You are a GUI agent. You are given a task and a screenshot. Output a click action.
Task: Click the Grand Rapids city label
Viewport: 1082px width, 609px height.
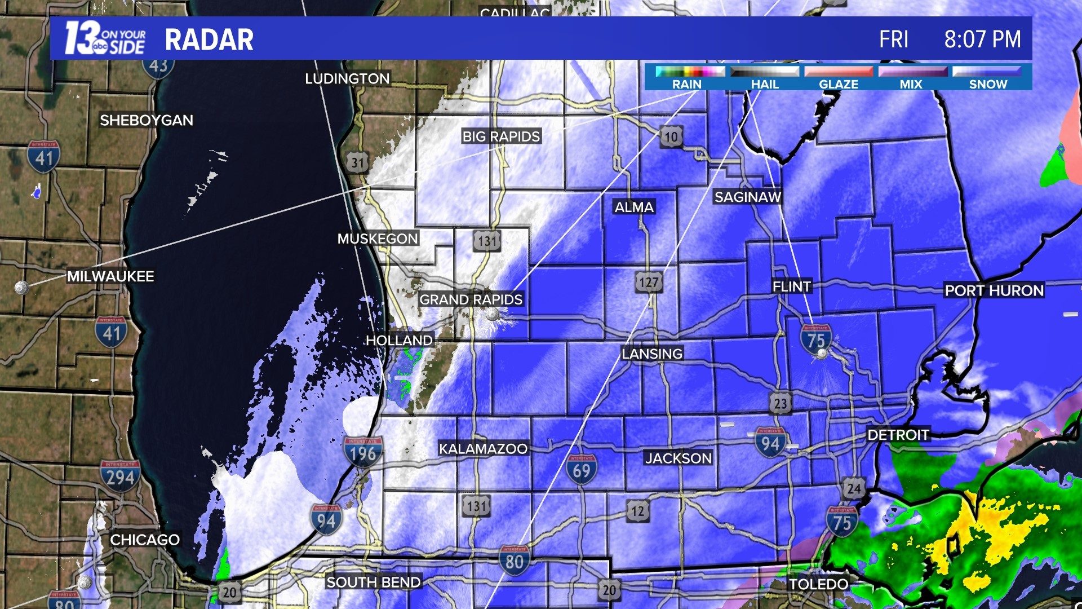click(x=471, y=299)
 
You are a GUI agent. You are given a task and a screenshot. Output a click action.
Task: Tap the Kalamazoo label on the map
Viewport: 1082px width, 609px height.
click(x=483, y=449)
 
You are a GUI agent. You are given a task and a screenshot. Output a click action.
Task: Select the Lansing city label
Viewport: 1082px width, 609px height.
click(x=652, y=354)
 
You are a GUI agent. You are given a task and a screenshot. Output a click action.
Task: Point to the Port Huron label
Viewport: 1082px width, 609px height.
click(x=994, y=290)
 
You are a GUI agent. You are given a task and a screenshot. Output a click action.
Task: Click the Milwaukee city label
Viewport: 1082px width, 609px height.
click(x=110, y=276)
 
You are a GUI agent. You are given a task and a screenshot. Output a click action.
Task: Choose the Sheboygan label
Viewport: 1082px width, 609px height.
click(x=147, y=120)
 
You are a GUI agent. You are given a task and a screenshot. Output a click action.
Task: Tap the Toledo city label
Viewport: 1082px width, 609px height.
click(x=818, y=584)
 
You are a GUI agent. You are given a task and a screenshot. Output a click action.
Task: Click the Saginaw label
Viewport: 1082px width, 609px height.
click(x=748, y=197)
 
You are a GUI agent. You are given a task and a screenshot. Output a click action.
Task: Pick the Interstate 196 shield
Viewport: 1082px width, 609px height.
click(x=362, y=452)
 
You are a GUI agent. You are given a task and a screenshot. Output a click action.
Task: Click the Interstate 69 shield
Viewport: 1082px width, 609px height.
click(x=582, y=470)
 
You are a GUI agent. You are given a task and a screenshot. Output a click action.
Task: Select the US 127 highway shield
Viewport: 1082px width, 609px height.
click(x=649, y=282)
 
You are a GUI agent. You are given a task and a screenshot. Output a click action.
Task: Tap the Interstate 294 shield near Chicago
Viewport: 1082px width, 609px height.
click(x=120, y=476)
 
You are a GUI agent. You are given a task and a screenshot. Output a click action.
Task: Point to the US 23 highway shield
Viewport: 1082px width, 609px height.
click(x=780, y=403)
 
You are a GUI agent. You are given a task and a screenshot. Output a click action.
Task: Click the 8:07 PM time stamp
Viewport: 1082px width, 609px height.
click(x=982, y=39)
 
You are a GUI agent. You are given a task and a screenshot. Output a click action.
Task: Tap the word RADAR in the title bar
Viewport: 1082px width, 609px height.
click(x=209, y=39)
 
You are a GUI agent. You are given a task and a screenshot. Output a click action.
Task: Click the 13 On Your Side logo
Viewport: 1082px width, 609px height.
click(x=105, y=38)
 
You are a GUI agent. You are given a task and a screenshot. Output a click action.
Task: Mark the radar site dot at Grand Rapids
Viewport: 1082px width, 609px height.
click(x=493, y=314)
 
